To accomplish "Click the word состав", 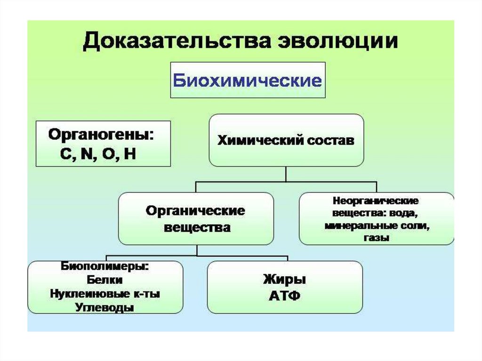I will point(329,140).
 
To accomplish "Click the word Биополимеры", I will point(104,266).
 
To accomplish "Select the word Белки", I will point(105,280).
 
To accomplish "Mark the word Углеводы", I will point(105,308).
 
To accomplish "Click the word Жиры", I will point(285,280).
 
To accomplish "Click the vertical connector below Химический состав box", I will point(286,174).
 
